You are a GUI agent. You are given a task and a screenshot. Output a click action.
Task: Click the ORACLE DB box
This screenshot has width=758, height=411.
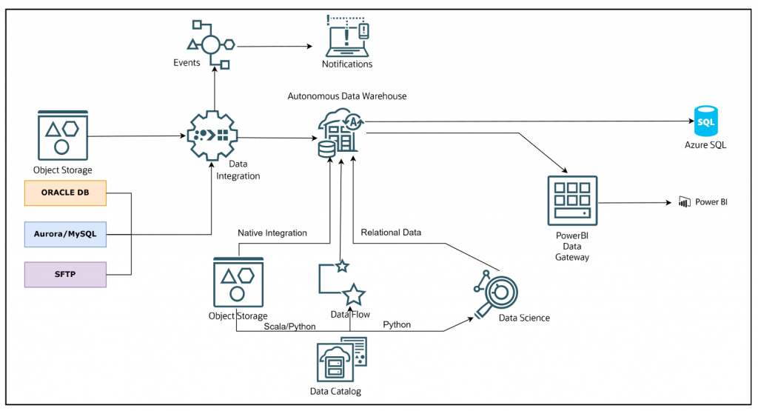coord(65,194)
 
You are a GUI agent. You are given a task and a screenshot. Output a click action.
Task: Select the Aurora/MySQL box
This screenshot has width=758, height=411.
coord(65,234)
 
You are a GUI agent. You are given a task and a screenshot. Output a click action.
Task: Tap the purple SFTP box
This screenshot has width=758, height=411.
coord(65,274)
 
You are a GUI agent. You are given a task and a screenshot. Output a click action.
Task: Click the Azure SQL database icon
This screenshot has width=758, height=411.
coord(705,121)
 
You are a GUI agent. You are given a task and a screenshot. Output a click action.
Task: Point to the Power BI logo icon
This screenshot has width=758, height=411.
coord(684,201)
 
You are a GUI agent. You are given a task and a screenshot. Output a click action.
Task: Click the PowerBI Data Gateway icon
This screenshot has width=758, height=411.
coord(572,201)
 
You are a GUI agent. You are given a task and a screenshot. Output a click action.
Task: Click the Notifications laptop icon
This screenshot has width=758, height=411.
coord(347,37)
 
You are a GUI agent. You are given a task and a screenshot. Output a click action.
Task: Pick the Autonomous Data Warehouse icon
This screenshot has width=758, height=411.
coord(340,133)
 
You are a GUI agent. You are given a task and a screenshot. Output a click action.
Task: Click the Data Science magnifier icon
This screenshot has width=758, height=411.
coord(497,293)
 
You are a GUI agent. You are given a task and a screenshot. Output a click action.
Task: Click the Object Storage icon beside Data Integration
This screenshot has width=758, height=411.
coord(62,136)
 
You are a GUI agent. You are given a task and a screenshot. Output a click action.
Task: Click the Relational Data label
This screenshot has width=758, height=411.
coord(391,233)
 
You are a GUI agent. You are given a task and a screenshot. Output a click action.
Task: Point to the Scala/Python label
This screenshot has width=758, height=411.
coord(290,326)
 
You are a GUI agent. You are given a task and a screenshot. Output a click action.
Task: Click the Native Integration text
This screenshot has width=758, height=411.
coord(272,233)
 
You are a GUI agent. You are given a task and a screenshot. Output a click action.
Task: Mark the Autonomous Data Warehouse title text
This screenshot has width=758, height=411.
coord(346,96)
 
